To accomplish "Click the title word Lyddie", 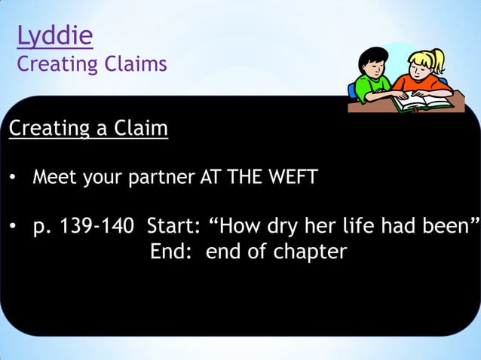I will (x=54, y=36).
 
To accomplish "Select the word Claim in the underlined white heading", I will (x=140, y=130).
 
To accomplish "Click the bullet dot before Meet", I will (x=14, y=179).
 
